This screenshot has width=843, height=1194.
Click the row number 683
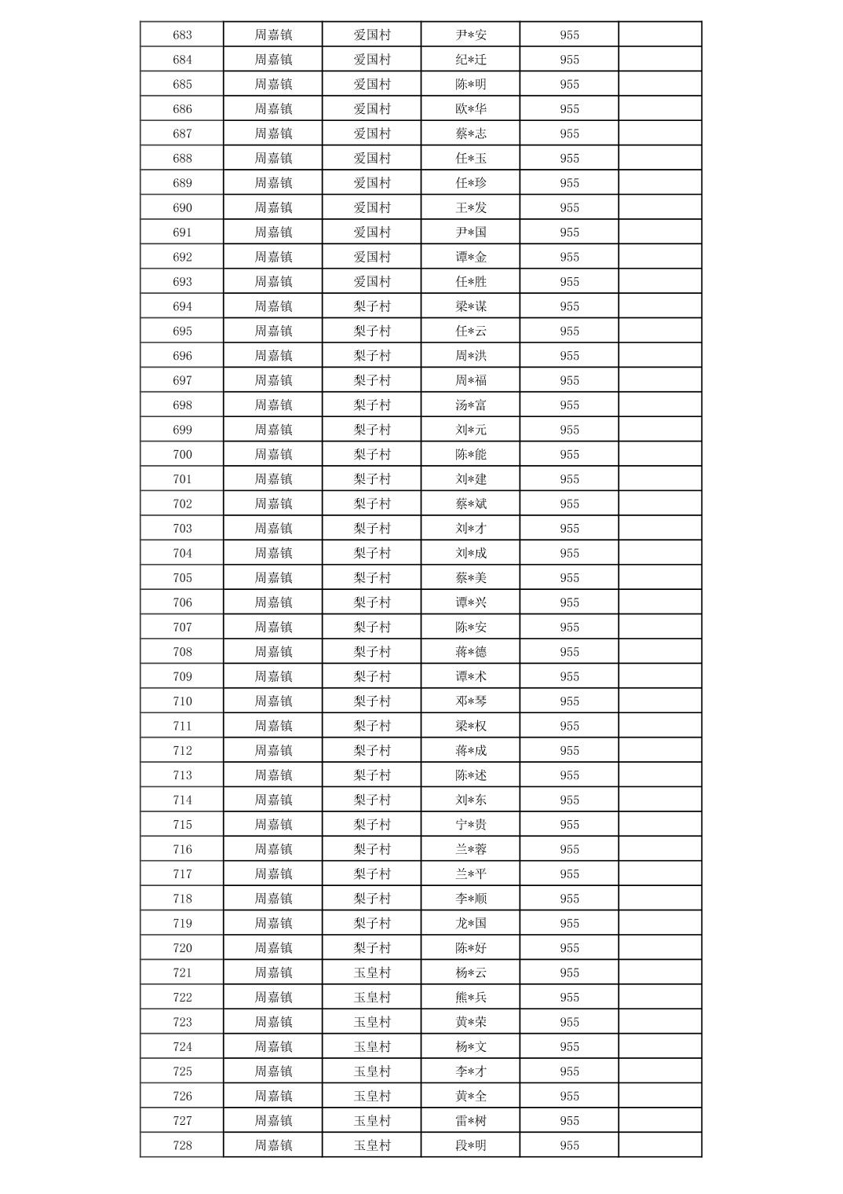182,35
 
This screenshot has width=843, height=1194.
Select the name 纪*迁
471,60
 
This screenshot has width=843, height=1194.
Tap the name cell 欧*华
471,109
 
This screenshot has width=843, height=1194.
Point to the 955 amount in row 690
569,207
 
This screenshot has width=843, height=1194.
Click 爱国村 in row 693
372,281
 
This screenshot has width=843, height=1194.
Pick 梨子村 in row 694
372,306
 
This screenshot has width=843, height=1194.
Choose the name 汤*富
471,405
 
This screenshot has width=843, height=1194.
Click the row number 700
182,454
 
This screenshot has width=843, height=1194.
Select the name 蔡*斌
471,504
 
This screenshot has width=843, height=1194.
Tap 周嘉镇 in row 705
273,577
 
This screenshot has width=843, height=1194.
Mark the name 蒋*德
471,652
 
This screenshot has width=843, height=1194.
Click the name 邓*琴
471,701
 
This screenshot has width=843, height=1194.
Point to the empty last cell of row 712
659,750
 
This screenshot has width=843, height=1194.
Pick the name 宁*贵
471,824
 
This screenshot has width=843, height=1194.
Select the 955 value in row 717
569,874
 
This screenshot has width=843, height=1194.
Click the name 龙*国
471,923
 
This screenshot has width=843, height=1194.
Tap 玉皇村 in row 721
372,972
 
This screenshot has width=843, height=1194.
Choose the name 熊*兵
471,997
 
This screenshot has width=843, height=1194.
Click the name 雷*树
471,1120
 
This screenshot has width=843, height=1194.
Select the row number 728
182,1145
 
